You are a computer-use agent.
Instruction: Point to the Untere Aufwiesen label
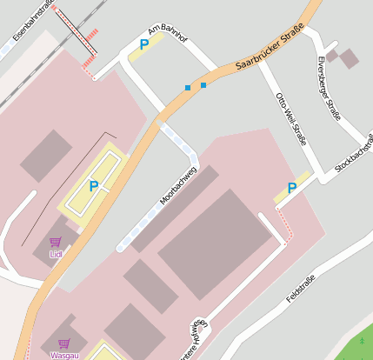193,339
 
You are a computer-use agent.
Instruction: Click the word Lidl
56,254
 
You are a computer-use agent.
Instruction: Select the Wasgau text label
63,355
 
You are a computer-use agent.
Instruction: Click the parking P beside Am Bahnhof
144,44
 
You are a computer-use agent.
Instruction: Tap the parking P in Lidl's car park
93,185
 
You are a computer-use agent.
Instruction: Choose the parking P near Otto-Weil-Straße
292,188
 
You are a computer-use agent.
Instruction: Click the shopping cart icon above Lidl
56,242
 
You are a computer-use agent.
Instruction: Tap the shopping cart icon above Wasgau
63,343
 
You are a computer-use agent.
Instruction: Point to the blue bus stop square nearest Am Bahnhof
187,88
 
